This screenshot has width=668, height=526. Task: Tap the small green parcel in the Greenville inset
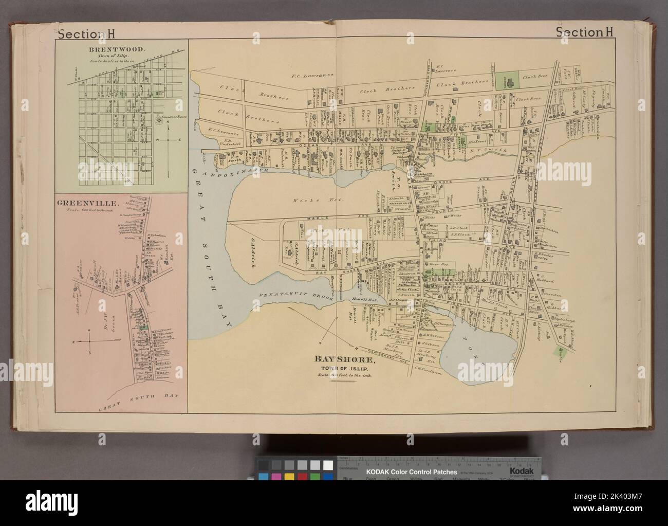[147, 325]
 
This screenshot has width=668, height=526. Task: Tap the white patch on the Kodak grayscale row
[327, 464]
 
